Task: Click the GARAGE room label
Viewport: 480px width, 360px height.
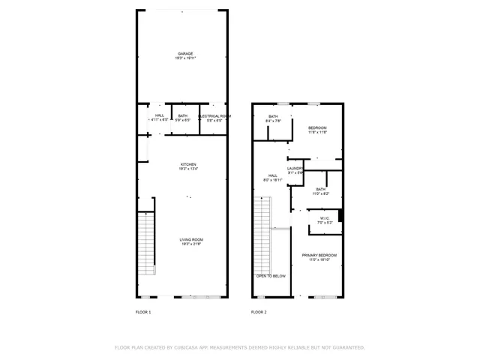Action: (185, 54)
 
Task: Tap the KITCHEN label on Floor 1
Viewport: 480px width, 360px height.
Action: (187, 164)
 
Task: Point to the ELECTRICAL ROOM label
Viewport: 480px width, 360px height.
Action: (214, 116)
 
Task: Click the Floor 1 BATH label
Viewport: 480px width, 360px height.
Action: (183, 116)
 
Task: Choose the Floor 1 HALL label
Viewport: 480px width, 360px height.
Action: (160, 116)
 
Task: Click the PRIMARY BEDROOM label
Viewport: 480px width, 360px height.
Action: (319, 256)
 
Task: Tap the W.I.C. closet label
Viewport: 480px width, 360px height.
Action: (324, 219)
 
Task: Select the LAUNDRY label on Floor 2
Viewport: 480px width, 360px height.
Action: (294, 169)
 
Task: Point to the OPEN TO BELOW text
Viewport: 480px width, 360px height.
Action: (271, 276)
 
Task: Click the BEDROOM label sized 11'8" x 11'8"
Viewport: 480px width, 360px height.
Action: (318, 128)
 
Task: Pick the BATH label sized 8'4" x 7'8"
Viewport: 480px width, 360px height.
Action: (274, 116)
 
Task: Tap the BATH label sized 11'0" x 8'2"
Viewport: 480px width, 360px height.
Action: (321, 190)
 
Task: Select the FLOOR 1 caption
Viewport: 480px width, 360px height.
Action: (143, 311)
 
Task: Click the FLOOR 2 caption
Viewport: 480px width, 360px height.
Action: (259, 311)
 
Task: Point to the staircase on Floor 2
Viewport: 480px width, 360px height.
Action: (262, 235)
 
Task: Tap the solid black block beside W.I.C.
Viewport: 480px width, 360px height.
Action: (340, 216)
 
